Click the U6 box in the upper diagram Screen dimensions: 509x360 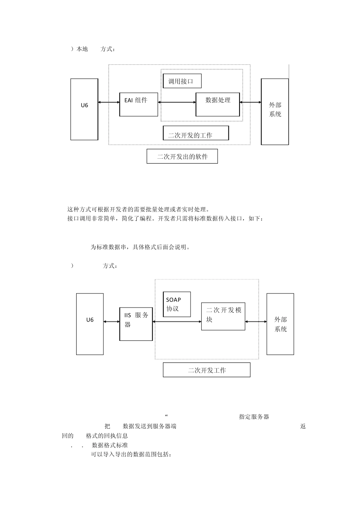pyautogui.click(x=84, y=109)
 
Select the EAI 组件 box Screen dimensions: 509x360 pyautogui.click(x=138, y=104)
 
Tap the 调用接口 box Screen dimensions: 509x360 pyautogui.click(x=182, y=81)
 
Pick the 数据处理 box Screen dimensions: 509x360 pyautogui.click(x=218, y=105)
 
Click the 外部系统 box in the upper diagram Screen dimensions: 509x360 pyautogui.click(x=275, y=111)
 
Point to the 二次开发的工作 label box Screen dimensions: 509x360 pyautogui.click(x=196, y=133)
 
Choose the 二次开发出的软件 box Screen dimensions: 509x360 pyautogui.click(x=182, y=156)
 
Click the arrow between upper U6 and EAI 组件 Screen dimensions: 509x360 pyautogui.click(x=109, y=102)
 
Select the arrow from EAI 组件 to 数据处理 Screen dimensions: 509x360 pyautogui.click(x=177, y=102)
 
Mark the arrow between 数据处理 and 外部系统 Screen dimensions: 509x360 pyautogui.click(x=250, y=102)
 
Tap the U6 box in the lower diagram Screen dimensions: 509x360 pyautogui.click(x=90, y=324)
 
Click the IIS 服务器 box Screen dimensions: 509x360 pyautogui.click(x=136, y=324)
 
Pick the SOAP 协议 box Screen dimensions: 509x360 pyautogui.click(x=177, y=304)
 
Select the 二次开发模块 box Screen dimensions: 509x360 pyautogui.click(x=223, y=316)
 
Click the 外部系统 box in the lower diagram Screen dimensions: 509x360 pyautogui.click(x=280, y=324)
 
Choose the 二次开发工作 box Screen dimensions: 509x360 pyautogui.click(x=207, y=370)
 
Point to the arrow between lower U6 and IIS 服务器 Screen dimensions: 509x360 pyautogui.click(x=111, y=322)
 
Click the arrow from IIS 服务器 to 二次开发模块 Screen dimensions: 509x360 pyautogui.click(x=177, y=322)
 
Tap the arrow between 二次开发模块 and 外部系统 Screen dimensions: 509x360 pyautogui.click(x=256, y=322)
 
